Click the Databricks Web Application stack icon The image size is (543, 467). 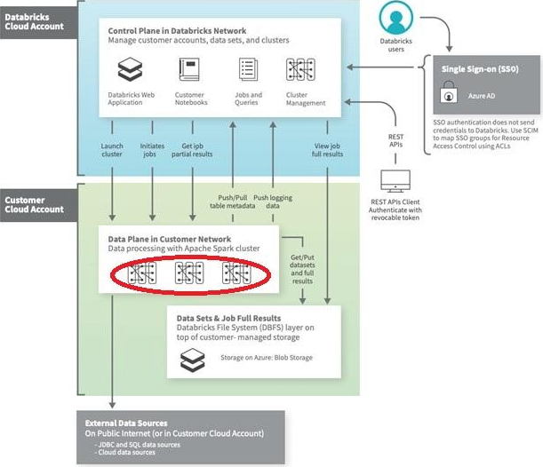click(x=131, y=69)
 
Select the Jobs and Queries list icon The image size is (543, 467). click(x=248, y=69)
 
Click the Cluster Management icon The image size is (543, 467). click(x=299, y=69)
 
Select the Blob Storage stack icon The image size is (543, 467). click(x=192, y=358)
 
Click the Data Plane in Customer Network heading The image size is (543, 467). click(x=168, y=239)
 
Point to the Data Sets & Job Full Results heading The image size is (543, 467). click(x=228, y=318)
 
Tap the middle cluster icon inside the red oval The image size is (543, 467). click(x=191, y=274)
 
